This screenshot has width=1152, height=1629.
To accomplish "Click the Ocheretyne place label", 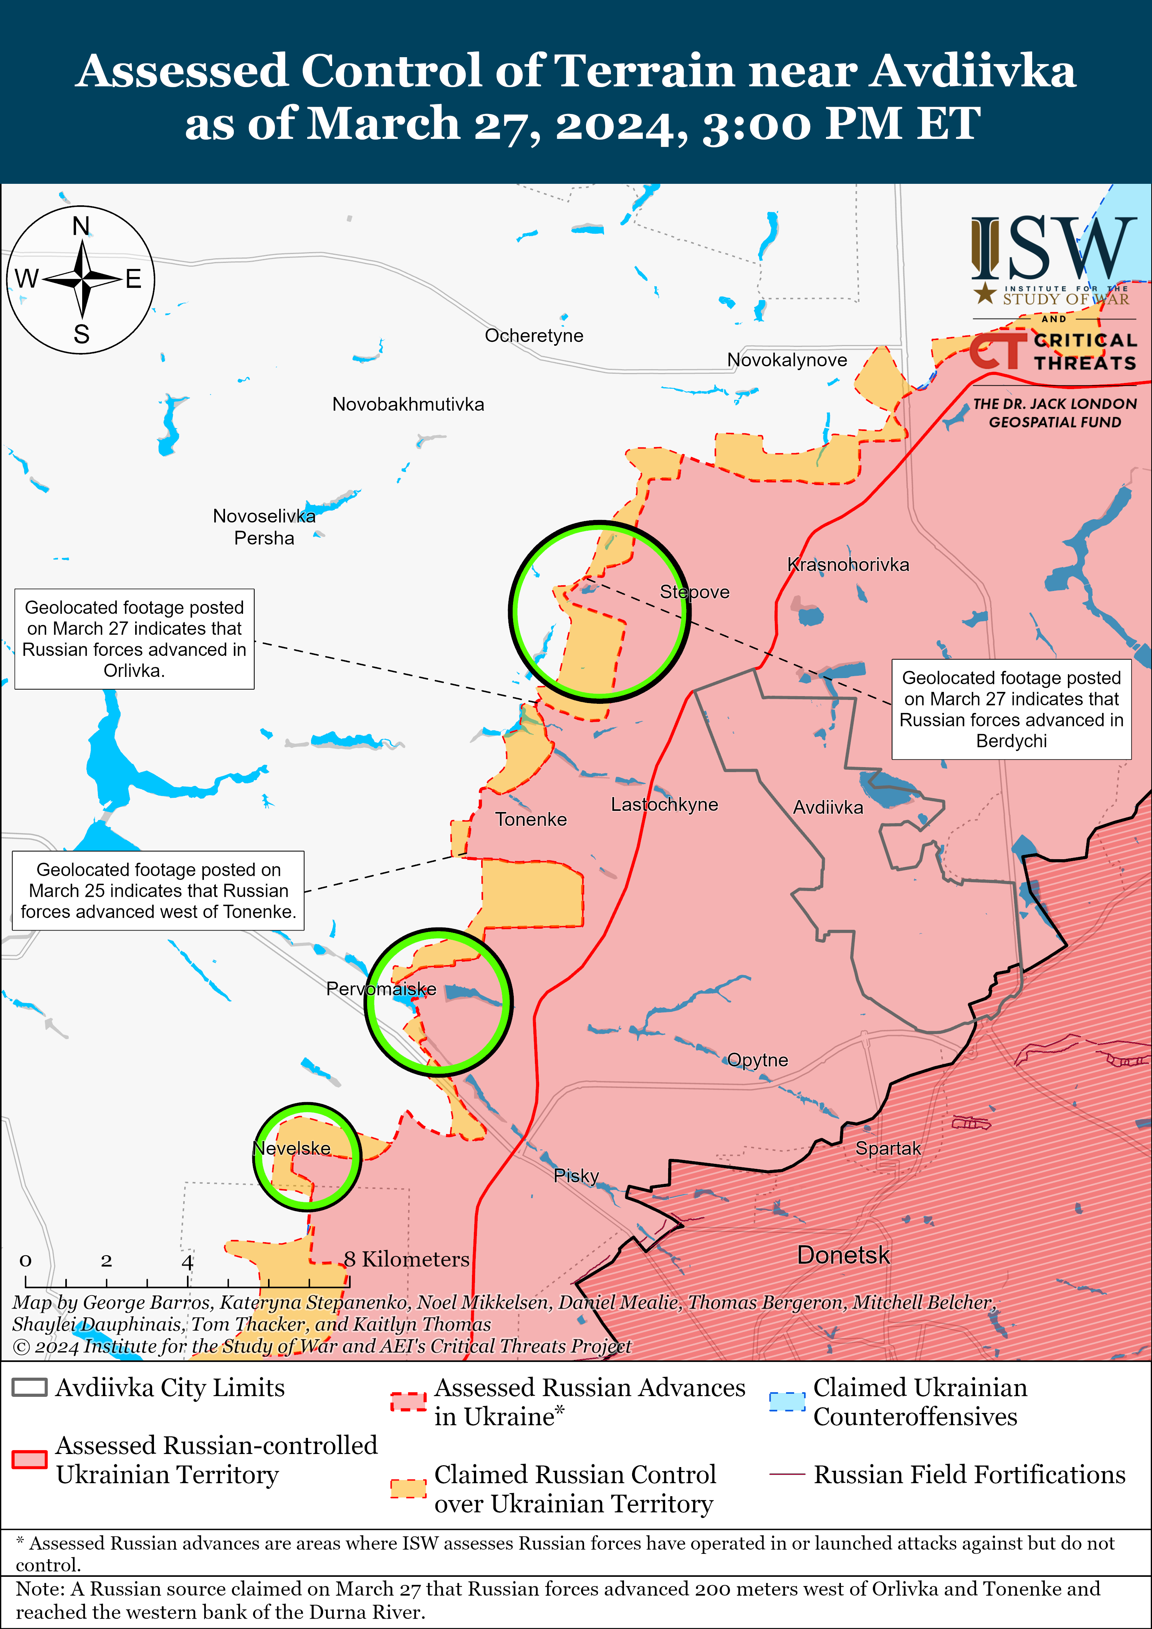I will pos(534,336).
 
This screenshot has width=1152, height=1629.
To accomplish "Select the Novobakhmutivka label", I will pos(408,404).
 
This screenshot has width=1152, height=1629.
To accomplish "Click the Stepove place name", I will pos(694,592).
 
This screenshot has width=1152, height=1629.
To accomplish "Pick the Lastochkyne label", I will pos(664,805).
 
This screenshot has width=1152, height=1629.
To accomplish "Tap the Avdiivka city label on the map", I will pos(828,807).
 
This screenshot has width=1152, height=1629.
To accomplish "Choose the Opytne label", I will pos(757,1060).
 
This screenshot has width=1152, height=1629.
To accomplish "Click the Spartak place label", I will pos(887,1148).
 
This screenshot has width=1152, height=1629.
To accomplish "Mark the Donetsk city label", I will pos(843,1255).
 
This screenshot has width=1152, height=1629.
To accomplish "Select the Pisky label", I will pos(576,1176).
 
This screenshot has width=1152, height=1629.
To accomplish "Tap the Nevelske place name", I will pos(292,1148).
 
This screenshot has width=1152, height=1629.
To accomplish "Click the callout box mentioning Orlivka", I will pos(134,639).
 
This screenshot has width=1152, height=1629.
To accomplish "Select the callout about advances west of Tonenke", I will pos(158,890).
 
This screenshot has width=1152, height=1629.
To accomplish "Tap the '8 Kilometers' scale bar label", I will pos(407,1259).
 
